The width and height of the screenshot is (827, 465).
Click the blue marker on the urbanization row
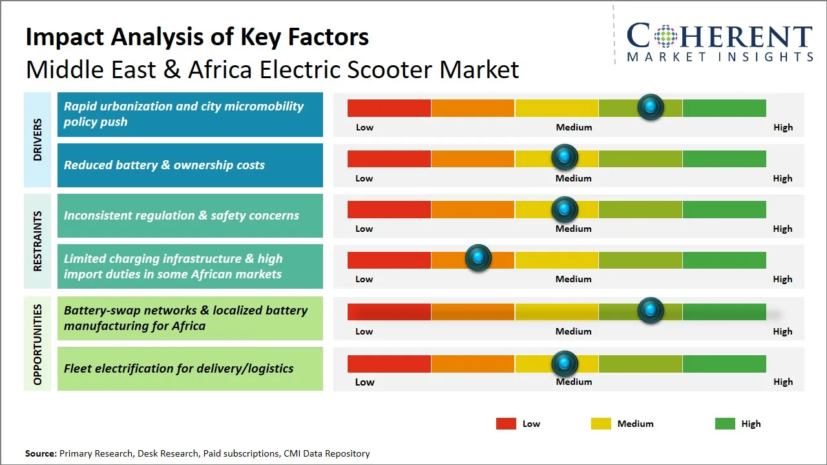(651, 107)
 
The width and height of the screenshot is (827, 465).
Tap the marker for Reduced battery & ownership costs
(565, 157)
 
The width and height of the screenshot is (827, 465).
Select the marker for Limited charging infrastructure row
(478, 258)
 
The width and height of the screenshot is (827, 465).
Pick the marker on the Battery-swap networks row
(651, 310)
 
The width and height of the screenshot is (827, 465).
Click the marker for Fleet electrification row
(565, 364)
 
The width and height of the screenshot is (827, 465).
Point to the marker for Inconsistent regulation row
(565, 209)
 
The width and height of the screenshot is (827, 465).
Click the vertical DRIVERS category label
(37, 139)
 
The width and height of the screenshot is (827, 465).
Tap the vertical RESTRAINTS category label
(37, 241)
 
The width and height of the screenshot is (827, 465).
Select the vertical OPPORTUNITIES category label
(37, 344)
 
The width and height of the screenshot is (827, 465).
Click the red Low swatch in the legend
(506, 424)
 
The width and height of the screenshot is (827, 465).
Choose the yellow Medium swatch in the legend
(601, 424)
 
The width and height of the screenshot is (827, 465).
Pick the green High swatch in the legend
(725, 424)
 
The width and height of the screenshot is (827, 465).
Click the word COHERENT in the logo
(720, 36)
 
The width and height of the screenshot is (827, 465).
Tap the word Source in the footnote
(40, 453)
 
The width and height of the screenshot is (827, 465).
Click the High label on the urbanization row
(783, 127)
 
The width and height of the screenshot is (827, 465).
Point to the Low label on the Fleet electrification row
(364, 382)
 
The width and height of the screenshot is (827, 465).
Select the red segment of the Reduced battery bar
(389, 158)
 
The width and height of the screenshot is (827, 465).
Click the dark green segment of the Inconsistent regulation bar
(724, 209)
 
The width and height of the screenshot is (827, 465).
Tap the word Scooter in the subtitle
(390, 69)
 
